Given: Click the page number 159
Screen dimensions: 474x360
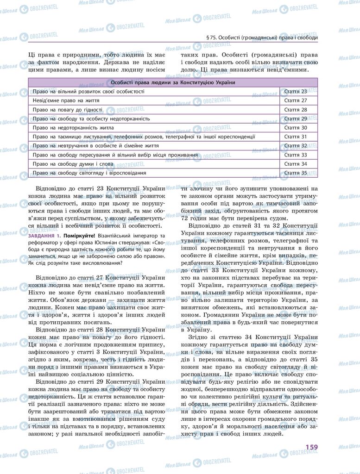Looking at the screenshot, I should coord(311,447).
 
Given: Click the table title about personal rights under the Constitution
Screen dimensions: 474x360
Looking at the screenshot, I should coord(173,82).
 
